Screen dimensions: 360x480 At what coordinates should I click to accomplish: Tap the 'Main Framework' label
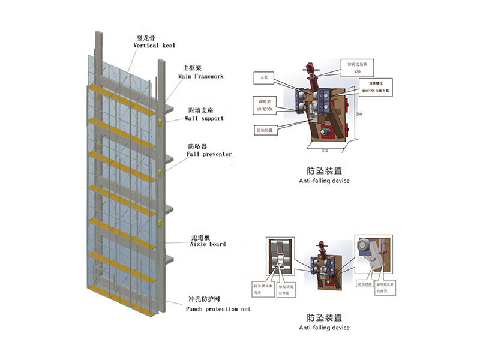200,76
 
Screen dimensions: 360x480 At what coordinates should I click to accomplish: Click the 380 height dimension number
358,114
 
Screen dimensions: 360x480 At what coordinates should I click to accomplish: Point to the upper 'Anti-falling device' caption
324,181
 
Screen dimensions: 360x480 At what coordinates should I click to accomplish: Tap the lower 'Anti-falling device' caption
324,328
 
